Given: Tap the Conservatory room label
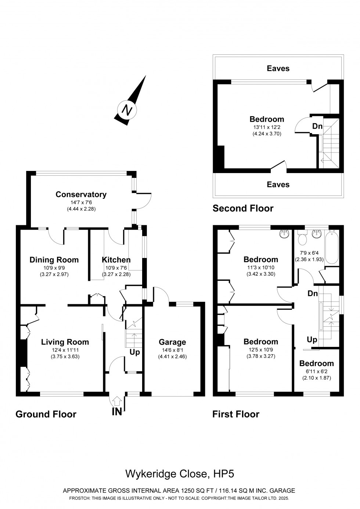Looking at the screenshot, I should tap(81, 194).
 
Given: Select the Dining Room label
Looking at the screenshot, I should tap(54, 260).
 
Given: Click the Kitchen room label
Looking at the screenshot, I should tap(116, 260).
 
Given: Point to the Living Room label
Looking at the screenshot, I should tap(65, 342).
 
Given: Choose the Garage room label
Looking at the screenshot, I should tap(172, 342).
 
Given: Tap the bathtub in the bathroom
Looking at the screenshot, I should tap(332, 247).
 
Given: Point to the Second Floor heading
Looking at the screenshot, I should tap(243, 208).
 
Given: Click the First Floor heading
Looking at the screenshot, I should tap(235, 414).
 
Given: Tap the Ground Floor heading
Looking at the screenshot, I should tap(46, 414).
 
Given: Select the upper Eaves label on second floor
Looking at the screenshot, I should tap(278, 68).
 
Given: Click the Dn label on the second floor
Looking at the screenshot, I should tap(317, 126).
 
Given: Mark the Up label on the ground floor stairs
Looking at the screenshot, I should tap(135, 352).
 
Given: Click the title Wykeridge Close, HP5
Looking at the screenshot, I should tap(180, 474).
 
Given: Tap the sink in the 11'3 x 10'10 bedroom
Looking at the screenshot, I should tap(285, 233).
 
